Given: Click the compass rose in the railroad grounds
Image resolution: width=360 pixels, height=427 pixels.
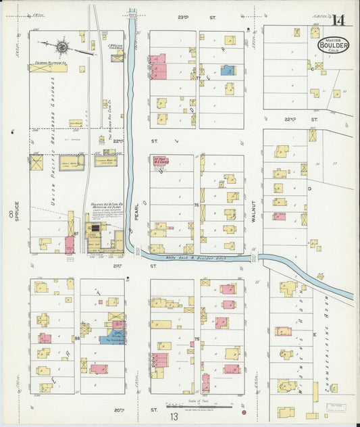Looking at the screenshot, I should click(x=63, y=47).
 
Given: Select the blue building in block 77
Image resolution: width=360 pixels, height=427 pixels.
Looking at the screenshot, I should click(x=227, y=70).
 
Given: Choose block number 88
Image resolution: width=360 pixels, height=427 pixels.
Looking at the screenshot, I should click(x=77, y=337).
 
